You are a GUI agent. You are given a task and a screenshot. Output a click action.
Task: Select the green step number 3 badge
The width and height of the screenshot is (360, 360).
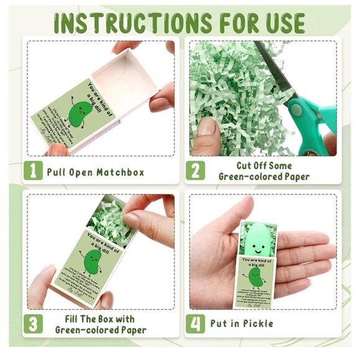coord(34,324)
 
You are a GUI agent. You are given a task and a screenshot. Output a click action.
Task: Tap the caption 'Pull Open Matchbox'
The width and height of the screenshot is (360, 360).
coord(96,172)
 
